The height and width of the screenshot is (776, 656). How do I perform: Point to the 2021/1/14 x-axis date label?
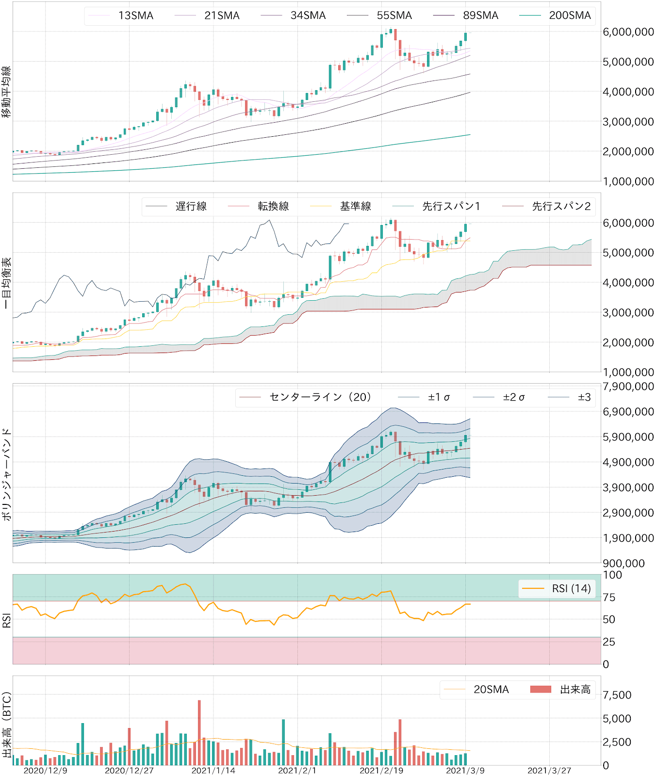(213, 771)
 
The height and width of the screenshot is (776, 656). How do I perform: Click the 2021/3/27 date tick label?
(549, 771)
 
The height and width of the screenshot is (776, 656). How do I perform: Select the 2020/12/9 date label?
(45, 771)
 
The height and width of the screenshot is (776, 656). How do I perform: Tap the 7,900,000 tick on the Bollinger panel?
(628, 387)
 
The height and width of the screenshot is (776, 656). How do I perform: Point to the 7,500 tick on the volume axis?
(617, 695)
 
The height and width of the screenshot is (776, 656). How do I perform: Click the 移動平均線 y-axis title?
(6, 92)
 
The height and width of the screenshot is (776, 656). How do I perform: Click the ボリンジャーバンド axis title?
(6, 474)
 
